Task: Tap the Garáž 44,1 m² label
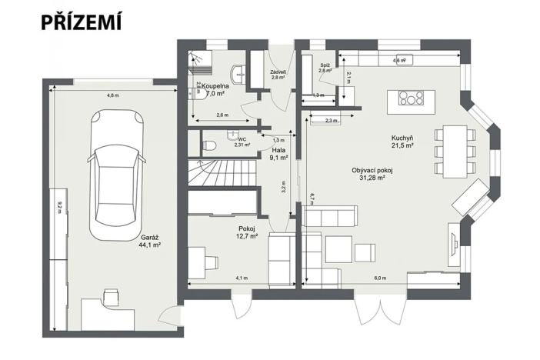150,242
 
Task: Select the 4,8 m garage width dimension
112,95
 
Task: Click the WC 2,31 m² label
242,142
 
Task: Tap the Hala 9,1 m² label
278,154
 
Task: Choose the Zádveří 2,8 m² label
278,75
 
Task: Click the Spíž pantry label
325,68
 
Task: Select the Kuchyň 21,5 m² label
403,142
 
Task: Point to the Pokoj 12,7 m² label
247,232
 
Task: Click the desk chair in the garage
111,295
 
